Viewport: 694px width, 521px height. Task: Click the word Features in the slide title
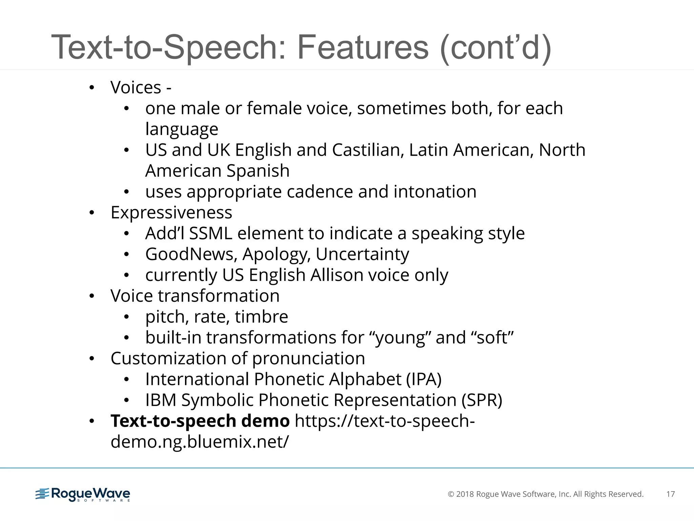363,47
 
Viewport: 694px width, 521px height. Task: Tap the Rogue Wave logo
83,494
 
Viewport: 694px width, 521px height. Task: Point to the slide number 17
670,494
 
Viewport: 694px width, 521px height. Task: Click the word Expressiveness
171,213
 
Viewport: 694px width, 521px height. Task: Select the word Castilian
368,150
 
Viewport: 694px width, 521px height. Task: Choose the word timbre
261,317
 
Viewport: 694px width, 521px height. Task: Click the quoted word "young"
400,338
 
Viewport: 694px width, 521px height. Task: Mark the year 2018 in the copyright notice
465,494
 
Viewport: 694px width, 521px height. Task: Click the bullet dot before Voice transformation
91,296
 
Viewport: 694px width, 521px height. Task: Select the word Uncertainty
362,254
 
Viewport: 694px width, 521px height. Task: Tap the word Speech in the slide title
225,47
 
